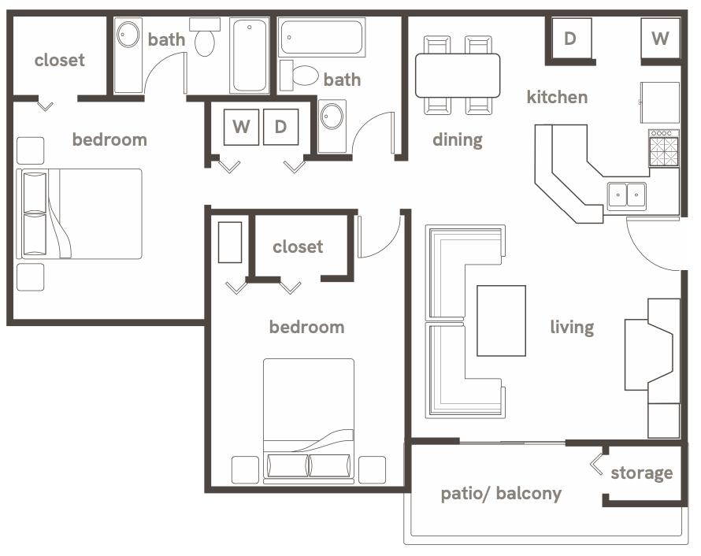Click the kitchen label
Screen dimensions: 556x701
[557, 98]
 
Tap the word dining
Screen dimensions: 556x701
[457, 140]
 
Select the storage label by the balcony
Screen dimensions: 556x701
[641, 473]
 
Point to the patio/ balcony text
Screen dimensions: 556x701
[501, 494]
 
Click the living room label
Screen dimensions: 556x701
[571, 326]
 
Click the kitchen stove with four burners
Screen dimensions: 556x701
[663, 149]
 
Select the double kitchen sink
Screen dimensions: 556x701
[626, 194]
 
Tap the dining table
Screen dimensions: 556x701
[458, 75]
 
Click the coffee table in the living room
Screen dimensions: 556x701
[501, 321]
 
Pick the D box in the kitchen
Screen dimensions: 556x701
[569, 38]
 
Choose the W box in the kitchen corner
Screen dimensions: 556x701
[660, 38]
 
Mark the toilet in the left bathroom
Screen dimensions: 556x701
[206, 39]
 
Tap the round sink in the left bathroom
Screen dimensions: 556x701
[128, 36]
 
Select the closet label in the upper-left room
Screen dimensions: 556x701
[59, 60]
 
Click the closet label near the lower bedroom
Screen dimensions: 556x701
[298, 247]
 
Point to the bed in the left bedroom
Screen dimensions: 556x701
[80, 213]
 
